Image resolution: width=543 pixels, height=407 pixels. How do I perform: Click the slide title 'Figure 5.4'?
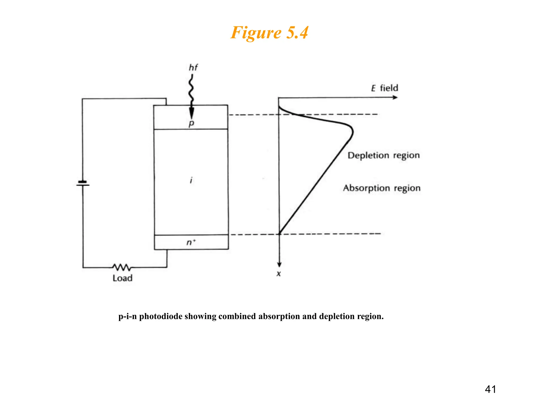coord(269,33)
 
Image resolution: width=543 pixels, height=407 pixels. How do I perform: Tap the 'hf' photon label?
coord(193,68)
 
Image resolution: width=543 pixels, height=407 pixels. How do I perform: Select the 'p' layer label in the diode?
coord(191,123)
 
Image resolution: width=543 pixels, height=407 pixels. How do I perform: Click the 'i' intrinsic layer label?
coord(191,180)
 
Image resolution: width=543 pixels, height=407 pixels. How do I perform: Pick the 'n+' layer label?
coord(191,242)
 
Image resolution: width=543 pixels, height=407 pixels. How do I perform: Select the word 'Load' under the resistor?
coord(122,278)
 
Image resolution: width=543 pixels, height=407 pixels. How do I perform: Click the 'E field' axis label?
coord(384,88)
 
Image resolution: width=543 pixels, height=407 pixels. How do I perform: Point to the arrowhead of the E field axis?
coord(395,98)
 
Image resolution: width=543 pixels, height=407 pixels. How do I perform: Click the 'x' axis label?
coord(278,274)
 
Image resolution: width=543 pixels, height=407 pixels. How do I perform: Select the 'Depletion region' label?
coord(383,156)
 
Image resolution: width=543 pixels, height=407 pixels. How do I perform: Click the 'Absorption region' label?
coord(382,188)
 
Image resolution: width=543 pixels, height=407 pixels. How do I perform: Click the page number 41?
coord(490,389)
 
